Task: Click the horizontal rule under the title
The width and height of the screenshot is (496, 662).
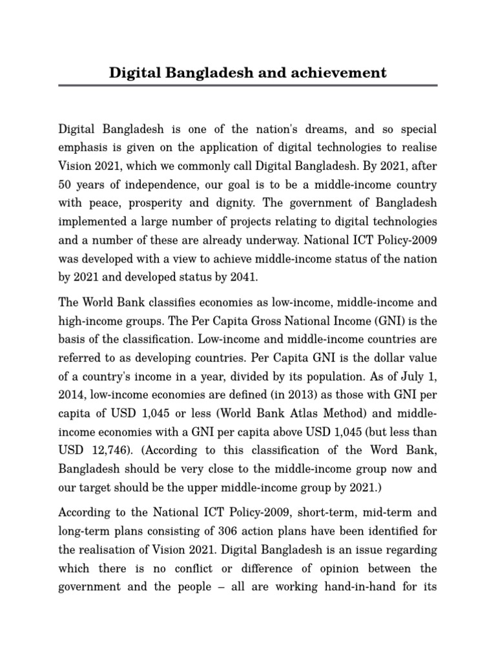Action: pos(248,85)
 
